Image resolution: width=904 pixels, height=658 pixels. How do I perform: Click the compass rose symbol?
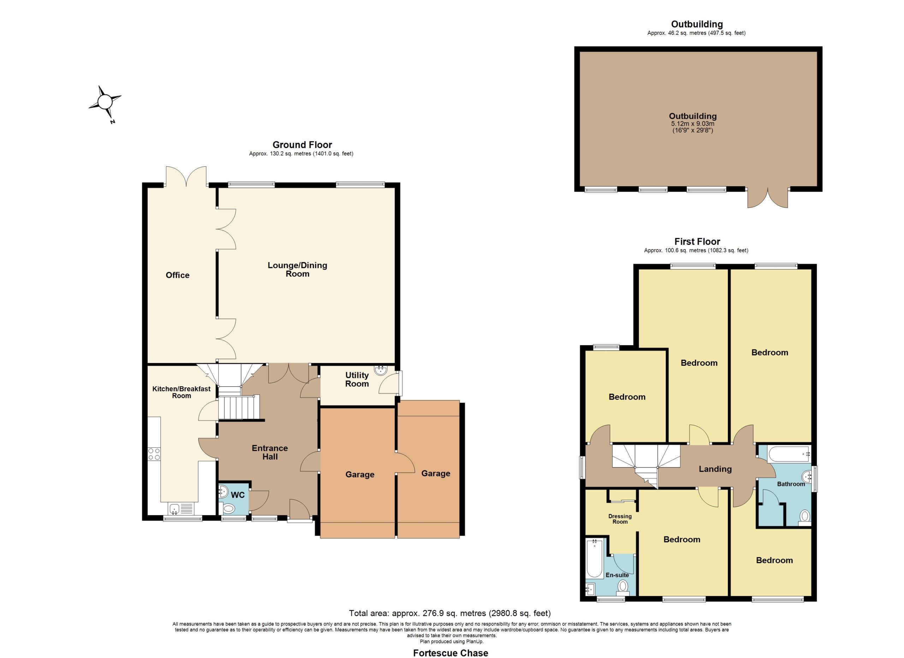coord(105,102)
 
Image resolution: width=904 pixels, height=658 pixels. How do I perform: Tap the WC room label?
coord(238,495)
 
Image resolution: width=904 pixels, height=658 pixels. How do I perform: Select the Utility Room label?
coord(357,379)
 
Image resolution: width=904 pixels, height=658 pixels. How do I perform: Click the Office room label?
coord(177,275)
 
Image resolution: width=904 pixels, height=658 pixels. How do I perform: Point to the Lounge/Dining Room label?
coord(297,269)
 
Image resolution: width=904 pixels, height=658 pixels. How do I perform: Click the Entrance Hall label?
coord(270,452)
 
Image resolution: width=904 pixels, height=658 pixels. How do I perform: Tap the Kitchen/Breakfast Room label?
coord(182,392)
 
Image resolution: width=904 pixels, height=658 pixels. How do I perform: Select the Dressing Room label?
coord(620,519)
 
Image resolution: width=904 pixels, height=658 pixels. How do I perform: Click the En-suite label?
coord(617,575)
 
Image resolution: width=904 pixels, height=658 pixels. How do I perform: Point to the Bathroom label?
coord(791,484)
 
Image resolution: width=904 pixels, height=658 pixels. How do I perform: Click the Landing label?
coord(715,469)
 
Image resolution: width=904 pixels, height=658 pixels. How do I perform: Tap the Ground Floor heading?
coord(302,145)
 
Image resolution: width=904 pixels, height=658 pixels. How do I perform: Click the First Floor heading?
coord(697,241)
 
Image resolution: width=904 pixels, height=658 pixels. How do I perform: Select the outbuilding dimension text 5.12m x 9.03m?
coord(693,124)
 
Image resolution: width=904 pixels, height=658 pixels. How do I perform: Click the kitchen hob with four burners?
coord(154,454)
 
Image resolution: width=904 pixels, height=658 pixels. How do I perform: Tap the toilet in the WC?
coord(228,509)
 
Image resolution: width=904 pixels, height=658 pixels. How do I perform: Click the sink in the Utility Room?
coord(380,370)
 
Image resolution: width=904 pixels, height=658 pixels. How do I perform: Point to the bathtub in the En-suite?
coord(595,558)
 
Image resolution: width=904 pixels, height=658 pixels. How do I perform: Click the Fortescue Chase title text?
coord(450,653)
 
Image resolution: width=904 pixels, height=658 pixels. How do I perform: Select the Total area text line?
coord(450,613)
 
